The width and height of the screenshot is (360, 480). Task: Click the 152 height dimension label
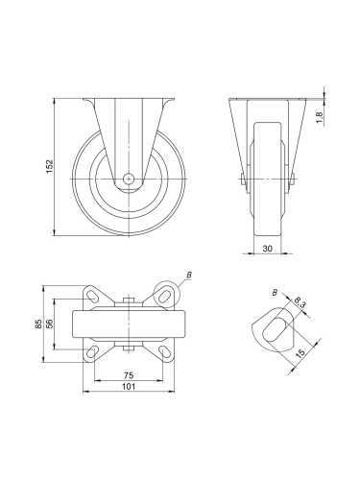pyautogui.click(x=49, y=165)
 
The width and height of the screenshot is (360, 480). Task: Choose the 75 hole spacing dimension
pyautogui.click(x=129, y=374)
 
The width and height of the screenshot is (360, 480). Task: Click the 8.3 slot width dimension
pyautogui.click(x=300, y=304)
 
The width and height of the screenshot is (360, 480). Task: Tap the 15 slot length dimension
pyautogui.click(x=300, y=354)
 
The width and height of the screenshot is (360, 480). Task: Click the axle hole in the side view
pyautogui.click(x=130, y=178)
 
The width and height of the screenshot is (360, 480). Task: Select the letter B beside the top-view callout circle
pyautogui.click(x=189, y=276)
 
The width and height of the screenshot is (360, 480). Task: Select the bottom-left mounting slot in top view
pyautogui.click(x=93, y=354)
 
